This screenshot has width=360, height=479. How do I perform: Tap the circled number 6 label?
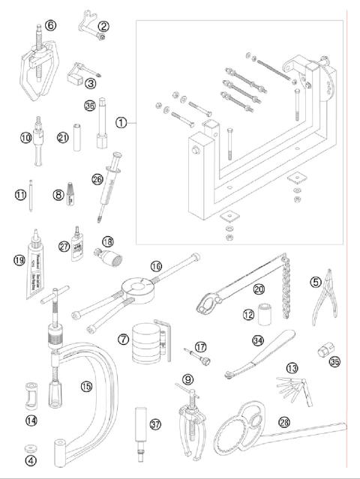tap(50, 25)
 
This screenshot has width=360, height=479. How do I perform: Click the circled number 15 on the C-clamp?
tap(87, 386)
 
